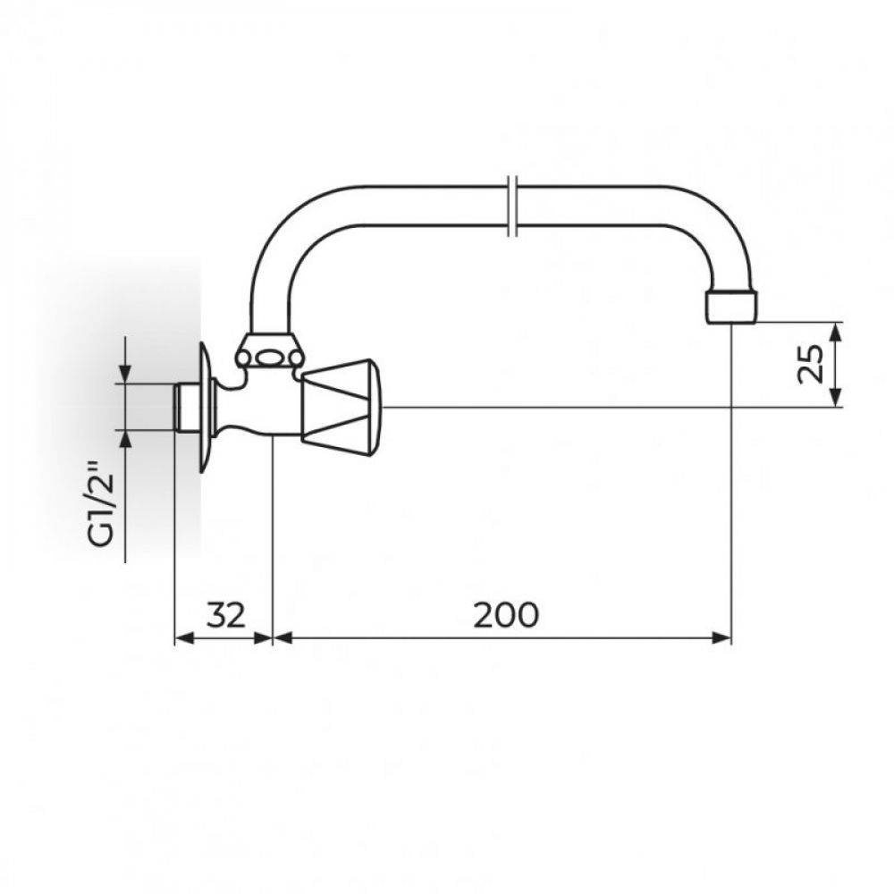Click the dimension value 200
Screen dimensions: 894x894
(x=506, y=615)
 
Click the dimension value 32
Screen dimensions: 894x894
(x=226, y=615)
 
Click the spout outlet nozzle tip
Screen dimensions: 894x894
(x=732, y=308)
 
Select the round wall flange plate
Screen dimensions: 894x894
(x=205, y=407)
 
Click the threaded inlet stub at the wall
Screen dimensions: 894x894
(x=186, y=408)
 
